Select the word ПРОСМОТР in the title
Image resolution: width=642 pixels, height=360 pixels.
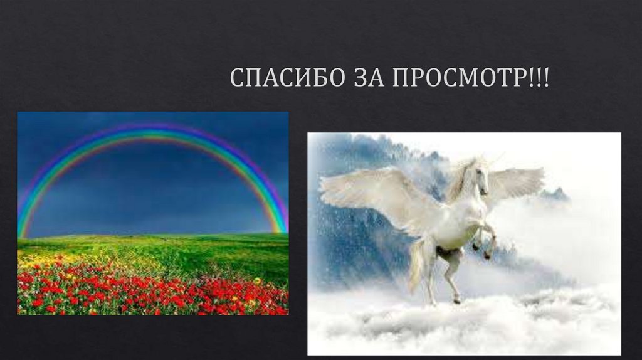(x=458, y=77)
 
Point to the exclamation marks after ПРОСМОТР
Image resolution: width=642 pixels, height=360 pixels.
(x=539, y=77)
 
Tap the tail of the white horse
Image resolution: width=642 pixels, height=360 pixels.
(x=417, y=263)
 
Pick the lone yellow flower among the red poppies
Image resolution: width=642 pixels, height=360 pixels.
(x=257, y=280)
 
